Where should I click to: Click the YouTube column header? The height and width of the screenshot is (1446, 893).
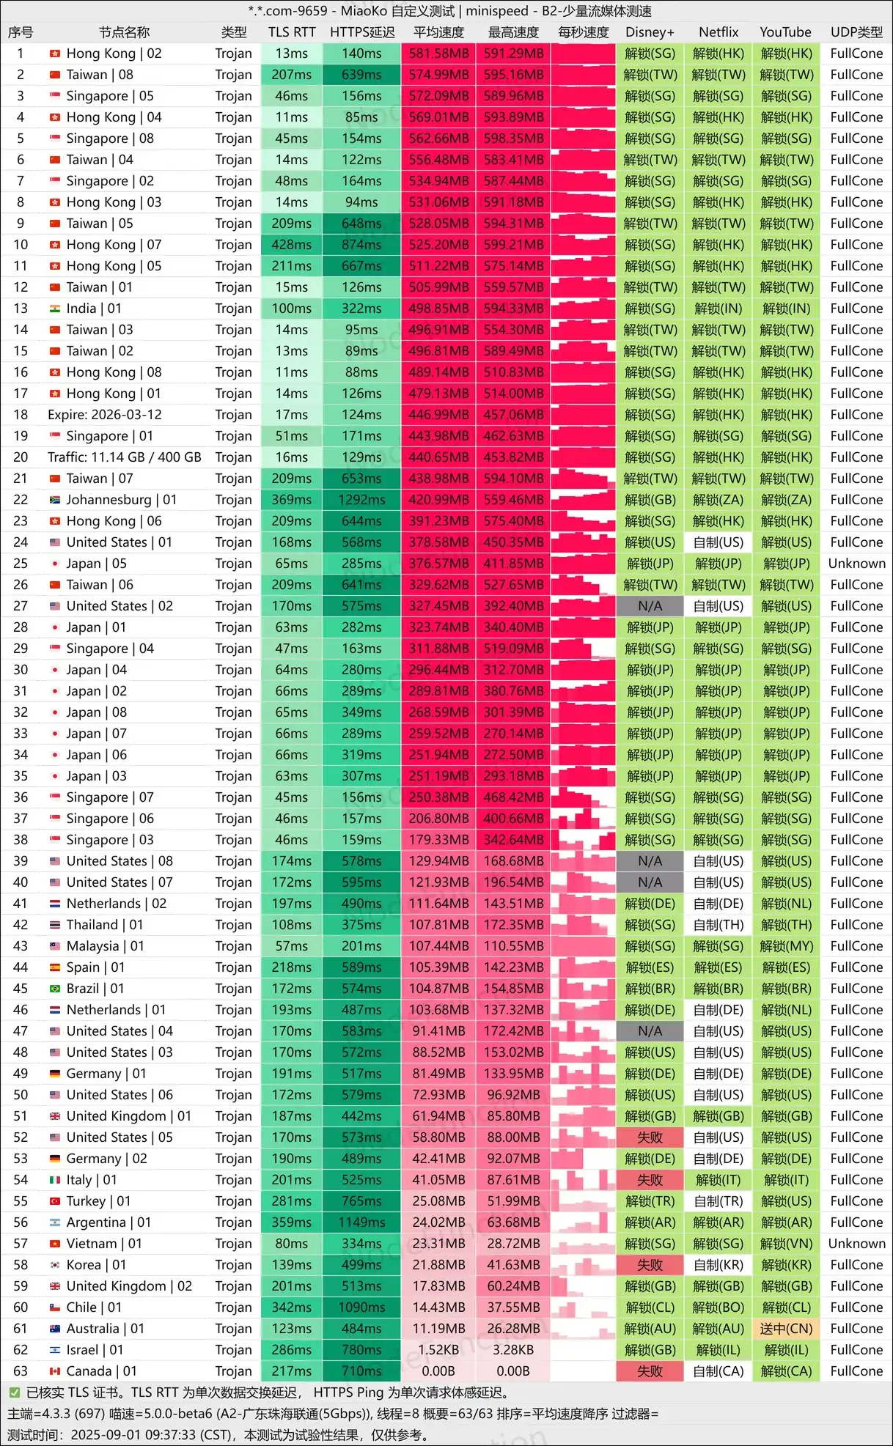tap(785, 32)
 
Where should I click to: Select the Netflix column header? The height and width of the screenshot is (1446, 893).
tap(719, 32)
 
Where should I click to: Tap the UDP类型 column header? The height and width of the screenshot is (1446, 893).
tap(856, 32)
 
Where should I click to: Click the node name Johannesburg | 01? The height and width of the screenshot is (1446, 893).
tap(122, 500)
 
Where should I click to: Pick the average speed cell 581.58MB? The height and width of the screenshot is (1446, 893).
tap(438, 54)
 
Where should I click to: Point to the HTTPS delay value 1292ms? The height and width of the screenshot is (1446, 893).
tap(361, 500)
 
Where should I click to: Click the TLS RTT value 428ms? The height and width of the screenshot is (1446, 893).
tap(292, 245)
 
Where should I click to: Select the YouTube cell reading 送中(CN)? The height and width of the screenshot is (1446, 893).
tap(786, 1329)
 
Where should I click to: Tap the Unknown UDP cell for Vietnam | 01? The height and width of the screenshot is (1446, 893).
tap(856, 1244)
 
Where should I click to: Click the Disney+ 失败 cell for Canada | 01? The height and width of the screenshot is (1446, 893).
tap(650, 1371)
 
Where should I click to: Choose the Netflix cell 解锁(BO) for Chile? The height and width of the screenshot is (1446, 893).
tap(719, 1307)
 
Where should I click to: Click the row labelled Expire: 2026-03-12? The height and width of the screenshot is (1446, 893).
tap(105, 415)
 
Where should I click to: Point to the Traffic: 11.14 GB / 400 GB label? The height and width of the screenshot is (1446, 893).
tap(125, 457)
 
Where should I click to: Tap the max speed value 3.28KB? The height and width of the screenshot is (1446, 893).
tap(513, 1350)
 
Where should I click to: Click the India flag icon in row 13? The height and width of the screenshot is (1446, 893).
tap(55, 309)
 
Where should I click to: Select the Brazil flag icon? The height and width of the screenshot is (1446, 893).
tap(55, 989)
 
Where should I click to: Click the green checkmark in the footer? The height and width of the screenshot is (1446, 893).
tap(14, 1392)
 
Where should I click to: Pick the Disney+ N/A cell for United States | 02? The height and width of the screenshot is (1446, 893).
tap(650, 606)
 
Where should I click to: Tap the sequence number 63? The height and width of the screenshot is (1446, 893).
tap(21, 1371)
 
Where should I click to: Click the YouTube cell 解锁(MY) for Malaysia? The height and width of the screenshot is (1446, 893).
tap(786, 946)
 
